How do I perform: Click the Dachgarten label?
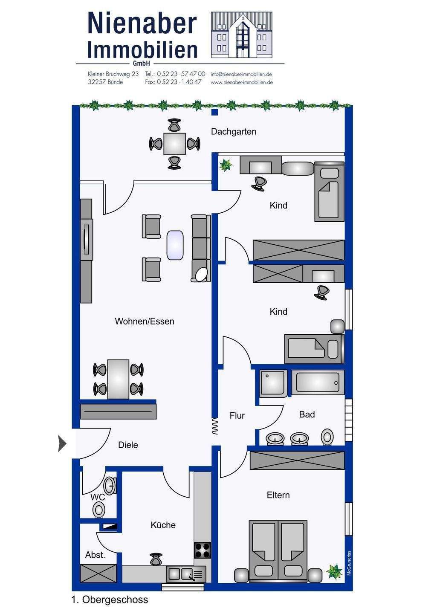coord(234,132)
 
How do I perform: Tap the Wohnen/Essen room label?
coord(145,321)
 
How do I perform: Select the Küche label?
coord(163,525)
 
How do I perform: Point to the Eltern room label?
coord(278,495)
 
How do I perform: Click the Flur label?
coord(237,415)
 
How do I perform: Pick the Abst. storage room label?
coord(95,555)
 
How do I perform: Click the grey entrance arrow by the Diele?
coord(62,444)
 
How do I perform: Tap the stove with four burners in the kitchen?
coord(203,550)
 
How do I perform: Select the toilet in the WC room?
coord(99,509)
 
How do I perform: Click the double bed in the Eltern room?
coord(278,551)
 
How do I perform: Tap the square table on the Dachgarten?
coord(175,144)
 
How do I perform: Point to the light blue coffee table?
coord(175,245)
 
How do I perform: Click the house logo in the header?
coord(241,35)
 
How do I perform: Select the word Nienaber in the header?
coord(142,23)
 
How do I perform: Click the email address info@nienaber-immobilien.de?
coord(241,74)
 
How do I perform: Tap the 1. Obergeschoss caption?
coord(110,600)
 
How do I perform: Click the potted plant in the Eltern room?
coord(334,572)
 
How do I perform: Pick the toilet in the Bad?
coord(327,437)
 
